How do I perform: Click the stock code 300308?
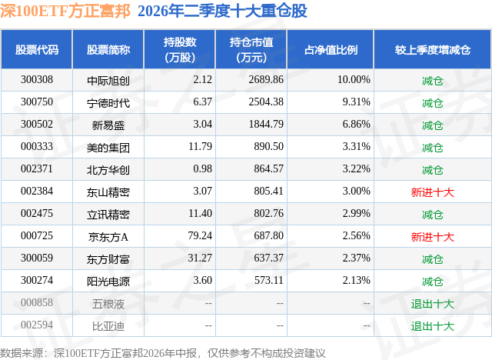pyautogui.click(x=37, y=80)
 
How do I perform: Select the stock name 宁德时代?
pyautogui.click(x=108, y=103)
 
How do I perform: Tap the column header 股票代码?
pyautogui.click(x=37, y=49)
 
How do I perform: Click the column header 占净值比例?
pyautogui.click(x=331, y=49)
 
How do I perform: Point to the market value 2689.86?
pyautogui.click(x=266, y=80)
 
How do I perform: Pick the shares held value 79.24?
pyautogui.click(x=200, y=235)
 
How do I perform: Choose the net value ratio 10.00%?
pyautogui.click(x=354, y=80)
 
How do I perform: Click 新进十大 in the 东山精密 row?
pyautogui.click(x=432, y=192)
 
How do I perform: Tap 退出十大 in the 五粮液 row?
pyautogui.click(x=432, y=304)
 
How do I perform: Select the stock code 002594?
pyautogui.click(x=37, y=325)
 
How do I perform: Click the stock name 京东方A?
pyautogui.click(x=108, y=237)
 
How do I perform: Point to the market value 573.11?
pyautogui.click(x=269, y=280)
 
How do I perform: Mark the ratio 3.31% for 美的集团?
pyautogui.click(x=357, y=147)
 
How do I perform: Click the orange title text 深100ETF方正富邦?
pyautogui.click(x=65, y=12)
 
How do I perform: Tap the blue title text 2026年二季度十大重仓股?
pyautogui.click(x=222, y=12)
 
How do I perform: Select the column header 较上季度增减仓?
pyautogui.click(x=433, y=49)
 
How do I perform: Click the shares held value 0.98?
pyautogui.click(x=203, y=169)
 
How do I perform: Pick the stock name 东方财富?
pyautogui.click(x=108, y=259)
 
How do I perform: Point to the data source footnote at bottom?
pyautogui.click(x=162, y=353)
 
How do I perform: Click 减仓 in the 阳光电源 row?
pyautogui.click(x=432, y=282)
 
